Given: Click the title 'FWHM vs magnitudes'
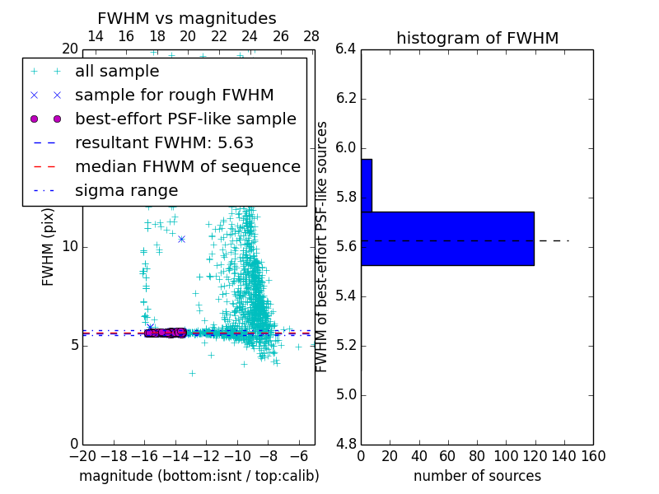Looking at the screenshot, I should click(187, 19).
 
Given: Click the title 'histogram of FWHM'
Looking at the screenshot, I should click(477, 38).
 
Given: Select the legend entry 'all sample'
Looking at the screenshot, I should click(117, 72).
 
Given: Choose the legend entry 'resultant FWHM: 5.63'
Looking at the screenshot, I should click(164, 142).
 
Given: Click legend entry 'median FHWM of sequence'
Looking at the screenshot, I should click(187, 166).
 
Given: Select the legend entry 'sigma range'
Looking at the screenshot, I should click(126, 190).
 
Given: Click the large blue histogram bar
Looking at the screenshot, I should click(447, 238).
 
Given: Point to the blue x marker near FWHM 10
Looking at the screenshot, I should click(181, 239).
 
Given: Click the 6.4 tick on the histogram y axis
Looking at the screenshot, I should click(346, 49).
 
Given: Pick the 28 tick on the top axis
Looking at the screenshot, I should click(311, 36).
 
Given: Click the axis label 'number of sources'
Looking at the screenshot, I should click(477, 476).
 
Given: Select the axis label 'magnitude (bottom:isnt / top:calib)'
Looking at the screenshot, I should click(199, 476).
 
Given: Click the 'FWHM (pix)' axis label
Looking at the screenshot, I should click(49, 247).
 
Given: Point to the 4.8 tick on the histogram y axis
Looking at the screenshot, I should click(346, 444).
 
